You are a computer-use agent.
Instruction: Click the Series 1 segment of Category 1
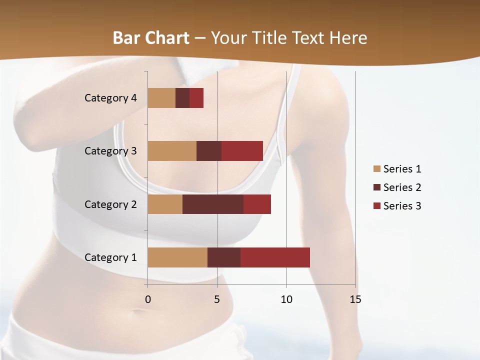(177, 257)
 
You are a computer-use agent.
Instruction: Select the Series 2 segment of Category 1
(224, 257)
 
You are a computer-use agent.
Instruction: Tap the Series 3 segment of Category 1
(275, 257)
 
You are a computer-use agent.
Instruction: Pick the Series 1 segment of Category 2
(165, 204)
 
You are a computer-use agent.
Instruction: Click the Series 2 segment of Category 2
(213, 204)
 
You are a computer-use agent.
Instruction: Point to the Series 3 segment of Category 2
(257, 204)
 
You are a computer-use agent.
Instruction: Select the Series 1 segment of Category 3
(172, 151)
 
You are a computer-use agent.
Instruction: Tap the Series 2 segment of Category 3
(209, 151)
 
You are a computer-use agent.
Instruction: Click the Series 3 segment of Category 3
(242, 151)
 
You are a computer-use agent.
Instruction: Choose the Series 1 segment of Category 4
(161, 98)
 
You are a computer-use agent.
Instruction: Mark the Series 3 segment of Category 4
(196, 98)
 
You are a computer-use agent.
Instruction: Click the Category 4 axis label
(110, 98)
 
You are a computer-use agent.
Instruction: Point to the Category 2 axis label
(110, 204)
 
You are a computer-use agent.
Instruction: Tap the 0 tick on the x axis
(148, 299)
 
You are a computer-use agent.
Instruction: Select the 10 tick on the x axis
(286, 299)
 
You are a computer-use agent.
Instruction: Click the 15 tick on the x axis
(355, 299)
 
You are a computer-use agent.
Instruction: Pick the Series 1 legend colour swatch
(376, 169)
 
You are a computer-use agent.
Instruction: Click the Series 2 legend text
(402, 187)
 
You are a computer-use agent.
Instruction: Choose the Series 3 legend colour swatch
(376, 206)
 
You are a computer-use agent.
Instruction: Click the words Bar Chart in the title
(151, 37)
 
